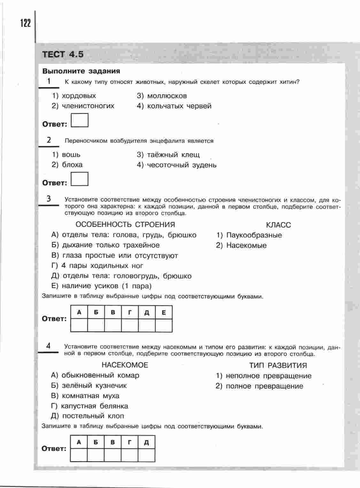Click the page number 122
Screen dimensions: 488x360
pyautogui.click(x=25, y=23)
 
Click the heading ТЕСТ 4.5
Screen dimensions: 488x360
pyautogui.click(x=63, y=54)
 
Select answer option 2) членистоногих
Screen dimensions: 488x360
pyautogui.click(x=83, y=106)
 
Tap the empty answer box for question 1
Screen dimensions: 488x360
pyautogui.click(x=80, y=121)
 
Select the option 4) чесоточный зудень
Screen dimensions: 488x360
pyautogui.click(x=176, y=165)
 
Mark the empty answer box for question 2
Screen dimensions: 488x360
pyautogui.click(x=80, y=179)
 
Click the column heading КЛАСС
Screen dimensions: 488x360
pyautogui.click(x=278, y=225)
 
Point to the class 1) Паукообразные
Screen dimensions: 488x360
pyautogui.click(x=249, y=235)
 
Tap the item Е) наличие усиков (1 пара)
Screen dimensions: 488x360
pyautogui.click(x=101, y=286)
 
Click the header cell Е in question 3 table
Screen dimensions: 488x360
pyautogui.click(x=164, y=313)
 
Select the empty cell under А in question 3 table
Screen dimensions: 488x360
pyautogui.click(x=79, y=326)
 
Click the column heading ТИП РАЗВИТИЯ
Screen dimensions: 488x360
pyautogui.click(x=278, y=365)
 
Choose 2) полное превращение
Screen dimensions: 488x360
pyautogui.click(x=259, y=386)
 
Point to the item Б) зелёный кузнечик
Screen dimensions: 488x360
pyautogui.click(x=89, y=386)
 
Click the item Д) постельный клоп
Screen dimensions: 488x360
pyautogui.click(x=88, y=416)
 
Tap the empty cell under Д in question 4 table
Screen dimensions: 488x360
pyautogui.click(x=147, y=455)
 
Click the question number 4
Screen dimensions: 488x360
pyautogui.click(x=48, y=346)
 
